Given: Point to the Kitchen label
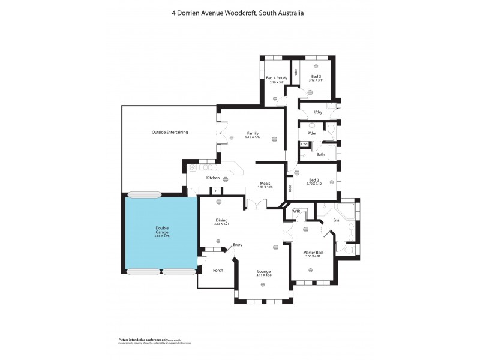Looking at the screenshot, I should pyautogui.click(x=212, y=178).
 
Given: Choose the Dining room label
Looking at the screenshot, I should pyautogui.click(x=221, y=220).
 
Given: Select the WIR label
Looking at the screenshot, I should pyautogui.click(x=296, y=212).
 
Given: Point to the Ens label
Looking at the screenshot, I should pyautogui.click(x=336, y=221).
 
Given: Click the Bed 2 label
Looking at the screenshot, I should pyautogui.click(x=314, y=179).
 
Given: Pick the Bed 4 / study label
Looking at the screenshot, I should pyautogui.click(x=276, y=78).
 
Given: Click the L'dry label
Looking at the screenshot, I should pyautogui.click(x=319, y=112).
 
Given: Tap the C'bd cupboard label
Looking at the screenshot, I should pyautogui.click(x=304, y=144).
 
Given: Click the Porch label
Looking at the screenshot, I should pyautogui.click(x=218, y=270).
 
